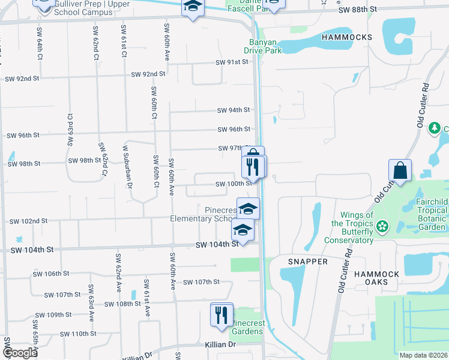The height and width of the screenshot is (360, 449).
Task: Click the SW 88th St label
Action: pos(358,10)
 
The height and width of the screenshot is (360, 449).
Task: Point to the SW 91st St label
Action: pos(232,62)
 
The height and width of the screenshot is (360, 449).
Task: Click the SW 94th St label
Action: pos(234,110)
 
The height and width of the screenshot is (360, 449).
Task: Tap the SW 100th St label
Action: pos(234,184)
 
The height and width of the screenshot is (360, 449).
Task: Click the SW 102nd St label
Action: pos(28,221)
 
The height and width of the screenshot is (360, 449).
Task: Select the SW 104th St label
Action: pos(217,245)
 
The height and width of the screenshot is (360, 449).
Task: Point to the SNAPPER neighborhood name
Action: pos(307,262)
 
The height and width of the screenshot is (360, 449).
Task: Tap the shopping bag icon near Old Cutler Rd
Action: pos(400,170)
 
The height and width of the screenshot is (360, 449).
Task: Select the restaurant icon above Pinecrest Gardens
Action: pos(221,314)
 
